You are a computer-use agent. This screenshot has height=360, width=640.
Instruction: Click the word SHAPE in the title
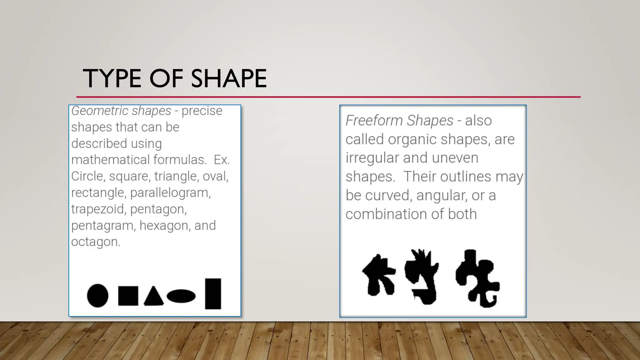tap(229, 78)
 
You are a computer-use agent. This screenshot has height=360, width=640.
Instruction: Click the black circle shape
tap(97, 296)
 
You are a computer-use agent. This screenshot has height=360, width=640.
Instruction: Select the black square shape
tap(128, 296)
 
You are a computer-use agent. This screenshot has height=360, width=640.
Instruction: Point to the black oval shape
tap(181, 296)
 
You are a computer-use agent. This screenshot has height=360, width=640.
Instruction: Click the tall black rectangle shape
tap(213, 294)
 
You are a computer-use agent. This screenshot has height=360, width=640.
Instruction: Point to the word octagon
tap(95, 242)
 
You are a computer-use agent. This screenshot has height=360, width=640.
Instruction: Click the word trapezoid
tap(98, 209)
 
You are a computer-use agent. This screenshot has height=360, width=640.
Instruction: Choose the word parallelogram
tap(170, 193)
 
